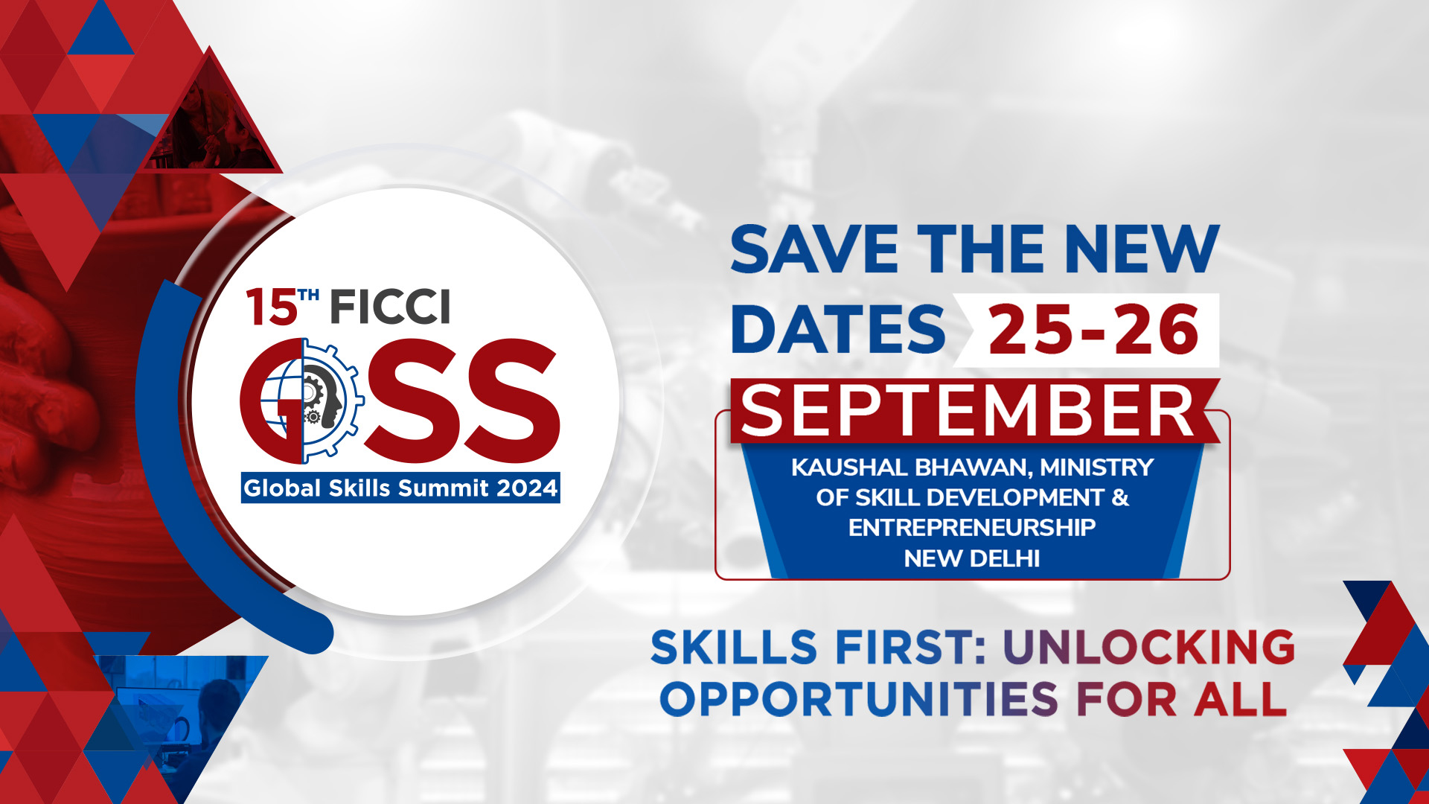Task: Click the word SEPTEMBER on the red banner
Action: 968,411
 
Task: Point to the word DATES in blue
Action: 838,329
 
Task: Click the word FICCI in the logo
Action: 390,307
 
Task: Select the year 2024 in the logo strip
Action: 527,488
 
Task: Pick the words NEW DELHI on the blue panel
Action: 971,558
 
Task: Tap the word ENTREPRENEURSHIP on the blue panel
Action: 972,528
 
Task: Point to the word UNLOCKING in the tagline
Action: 1149,646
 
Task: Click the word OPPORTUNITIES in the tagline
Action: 859,699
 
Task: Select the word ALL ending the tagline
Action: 1241,699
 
